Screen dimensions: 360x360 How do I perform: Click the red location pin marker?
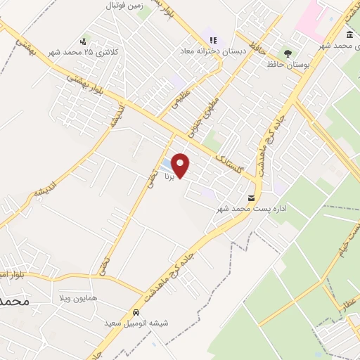coord(181,164)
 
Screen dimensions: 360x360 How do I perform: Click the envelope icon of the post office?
coord(252,198)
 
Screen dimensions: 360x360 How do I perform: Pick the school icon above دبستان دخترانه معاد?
coord(213,41)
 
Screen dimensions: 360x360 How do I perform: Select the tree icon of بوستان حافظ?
coord(287,53)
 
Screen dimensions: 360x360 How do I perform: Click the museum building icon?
coord(349,35)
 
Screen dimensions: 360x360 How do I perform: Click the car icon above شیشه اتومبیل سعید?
coord(135,312)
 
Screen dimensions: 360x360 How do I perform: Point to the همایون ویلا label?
coord(76,299)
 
